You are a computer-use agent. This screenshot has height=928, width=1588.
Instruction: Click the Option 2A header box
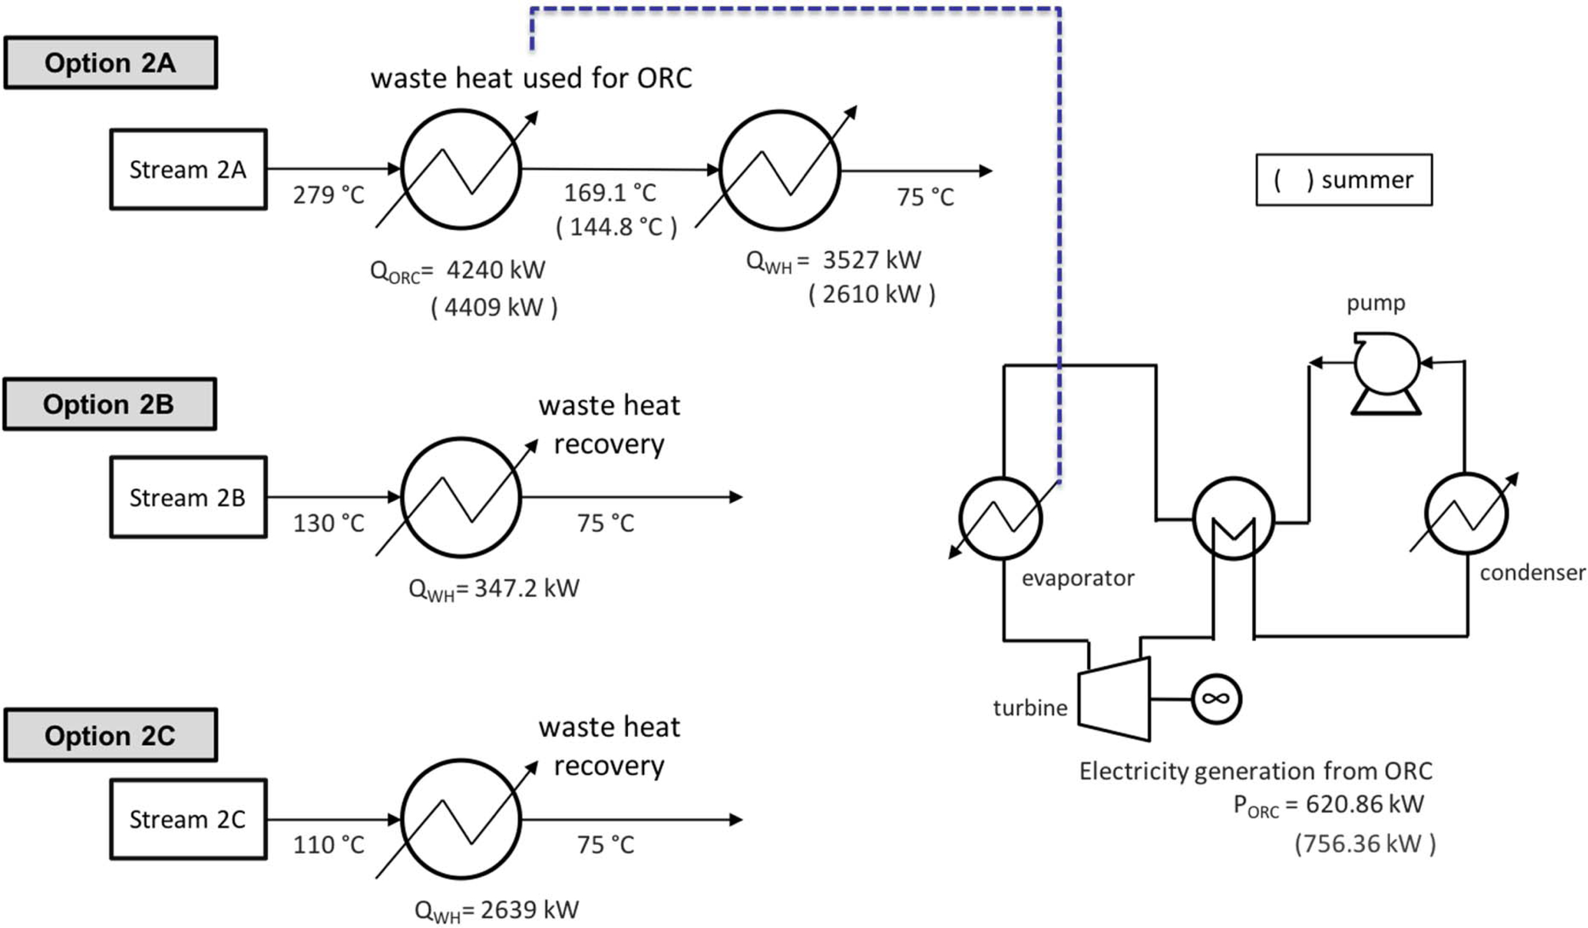[110, 62]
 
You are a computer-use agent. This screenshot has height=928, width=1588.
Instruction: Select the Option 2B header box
[109, 404]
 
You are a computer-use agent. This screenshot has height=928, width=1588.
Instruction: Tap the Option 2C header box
[110, 735]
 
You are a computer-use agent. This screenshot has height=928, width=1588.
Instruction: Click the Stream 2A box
[188, 170]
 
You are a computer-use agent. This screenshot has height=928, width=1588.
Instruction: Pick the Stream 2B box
[188, 497]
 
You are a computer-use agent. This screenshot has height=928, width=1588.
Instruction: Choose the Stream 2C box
[188, 819]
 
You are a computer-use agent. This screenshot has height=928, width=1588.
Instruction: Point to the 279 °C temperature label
[328, 195]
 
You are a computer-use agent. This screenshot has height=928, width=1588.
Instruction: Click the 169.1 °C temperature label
[609, 193]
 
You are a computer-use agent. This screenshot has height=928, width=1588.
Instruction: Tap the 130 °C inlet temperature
[328, 523]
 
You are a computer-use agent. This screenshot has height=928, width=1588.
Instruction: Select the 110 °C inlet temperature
[328, 845]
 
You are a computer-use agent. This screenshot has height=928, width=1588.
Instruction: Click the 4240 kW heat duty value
[495, 270]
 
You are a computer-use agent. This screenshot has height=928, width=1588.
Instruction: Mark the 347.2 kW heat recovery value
[526, 588]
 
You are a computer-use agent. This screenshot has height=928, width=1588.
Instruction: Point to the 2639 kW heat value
[529, 910]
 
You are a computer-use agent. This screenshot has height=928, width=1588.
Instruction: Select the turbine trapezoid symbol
[1114, 698]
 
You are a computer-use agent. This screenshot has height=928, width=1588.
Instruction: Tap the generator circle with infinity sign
[1216, 698]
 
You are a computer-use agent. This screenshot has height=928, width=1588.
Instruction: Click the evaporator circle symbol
[1001, 518]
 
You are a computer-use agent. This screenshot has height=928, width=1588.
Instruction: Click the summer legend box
[1344, 180]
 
